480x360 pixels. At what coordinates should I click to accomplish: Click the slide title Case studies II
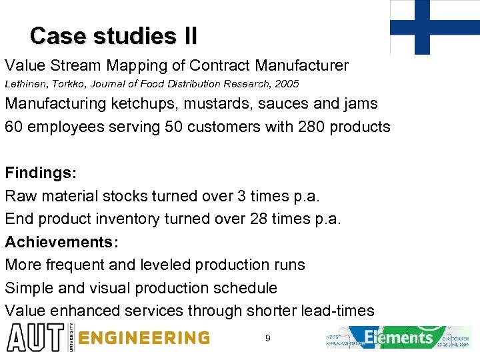[x=113, y=35]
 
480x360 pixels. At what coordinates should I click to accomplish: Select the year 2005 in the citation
[x=285, y=84]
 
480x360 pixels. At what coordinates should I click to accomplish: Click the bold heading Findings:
[x=41, y=173]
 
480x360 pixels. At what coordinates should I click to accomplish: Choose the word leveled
[x=165, y=265]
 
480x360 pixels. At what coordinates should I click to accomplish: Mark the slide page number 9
[x=267, y=339]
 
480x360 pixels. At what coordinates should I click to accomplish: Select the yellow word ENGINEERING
[x=143, y=338]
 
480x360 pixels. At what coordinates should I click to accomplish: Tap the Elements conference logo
[x=399, y=337]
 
